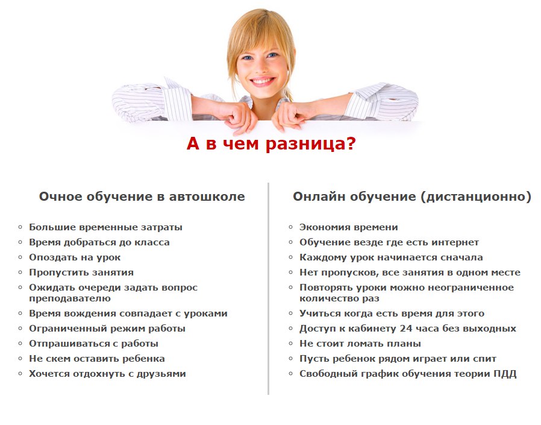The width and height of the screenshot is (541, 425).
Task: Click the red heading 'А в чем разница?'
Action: click(x=271, y=143)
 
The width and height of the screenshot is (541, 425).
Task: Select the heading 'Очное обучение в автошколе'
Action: click(x=142, y=197)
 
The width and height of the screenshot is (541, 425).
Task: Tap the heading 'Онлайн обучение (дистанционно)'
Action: click(x=412, y=197)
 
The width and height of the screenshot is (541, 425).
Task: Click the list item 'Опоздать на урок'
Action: click(x=75, y=257)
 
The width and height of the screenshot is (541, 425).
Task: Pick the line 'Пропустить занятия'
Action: click(x=81, y=272)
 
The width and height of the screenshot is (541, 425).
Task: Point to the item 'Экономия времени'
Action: click(x=348, y=227)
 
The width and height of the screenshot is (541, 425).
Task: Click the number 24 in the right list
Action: click(x=406, y=329)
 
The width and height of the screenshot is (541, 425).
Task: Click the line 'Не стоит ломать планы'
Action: click(x=360, y=344)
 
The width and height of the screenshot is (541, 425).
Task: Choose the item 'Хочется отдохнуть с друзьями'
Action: click(x=107, y=374)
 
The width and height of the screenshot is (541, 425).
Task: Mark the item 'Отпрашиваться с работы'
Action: click(x=93, y=344)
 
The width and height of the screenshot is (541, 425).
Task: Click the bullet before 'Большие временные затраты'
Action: click(x=20, y=227)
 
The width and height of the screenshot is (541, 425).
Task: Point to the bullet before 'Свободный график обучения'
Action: click(x=290, y=374)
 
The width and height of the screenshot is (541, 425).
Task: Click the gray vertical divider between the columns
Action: click(x=268, y=289)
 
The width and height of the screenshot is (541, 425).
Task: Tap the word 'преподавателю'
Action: click(x=70, y=298)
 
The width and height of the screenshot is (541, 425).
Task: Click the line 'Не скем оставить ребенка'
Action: click(x=96, y=359)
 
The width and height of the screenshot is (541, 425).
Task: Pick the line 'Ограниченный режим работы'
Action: click(x=107, y=329)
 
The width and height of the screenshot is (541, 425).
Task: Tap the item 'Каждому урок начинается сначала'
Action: click(x=391, y=257)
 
